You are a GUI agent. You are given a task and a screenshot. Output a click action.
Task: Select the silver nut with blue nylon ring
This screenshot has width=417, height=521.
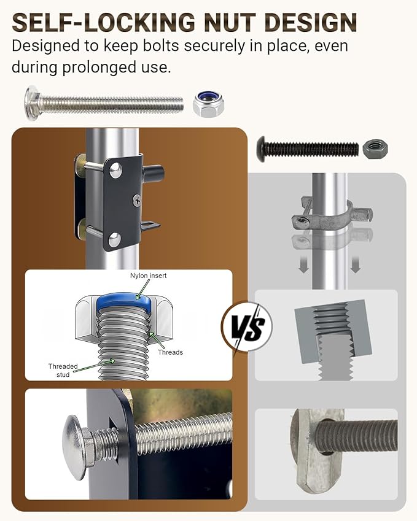coord(209,104)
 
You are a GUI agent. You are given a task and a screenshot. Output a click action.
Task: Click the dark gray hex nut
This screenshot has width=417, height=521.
coord(375,149)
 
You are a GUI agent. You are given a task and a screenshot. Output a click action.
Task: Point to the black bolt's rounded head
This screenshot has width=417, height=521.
coord(262,149)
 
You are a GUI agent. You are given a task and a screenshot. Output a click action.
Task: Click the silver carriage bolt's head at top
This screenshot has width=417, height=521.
coord(31,102)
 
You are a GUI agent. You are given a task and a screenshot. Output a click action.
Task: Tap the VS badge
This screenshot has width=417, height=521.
coord(247,326)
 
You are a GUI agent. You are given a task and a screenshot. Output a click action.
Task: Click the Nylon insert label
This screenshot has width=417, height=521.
coord(148,276)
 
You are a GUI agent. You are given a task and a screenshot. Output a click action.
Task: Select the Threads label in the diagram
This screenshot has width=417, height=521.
coord(170,352)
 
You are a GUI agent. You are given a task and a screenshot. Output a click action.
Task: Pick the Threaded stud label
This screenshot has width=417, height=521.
coord(63,370)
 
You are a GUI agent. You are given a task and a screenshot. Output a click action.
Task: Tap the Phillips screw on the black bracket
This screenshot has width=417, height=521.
coord(137,200)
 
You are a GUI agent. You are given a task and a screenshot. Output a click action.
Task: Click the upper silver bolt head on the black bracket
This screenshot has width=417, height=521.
coord(115,170)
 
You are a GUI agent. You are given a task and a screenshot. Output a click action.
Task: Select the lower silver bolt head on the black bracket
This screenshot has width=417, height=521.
coord(114,239)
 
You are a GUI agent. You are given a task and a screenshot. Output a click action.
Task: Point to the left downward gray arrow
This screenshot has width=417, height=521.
coord(303,264)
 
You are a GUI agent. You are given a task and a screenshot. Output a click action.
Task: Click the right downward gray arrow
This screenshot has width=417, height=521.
coord(356,264)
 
